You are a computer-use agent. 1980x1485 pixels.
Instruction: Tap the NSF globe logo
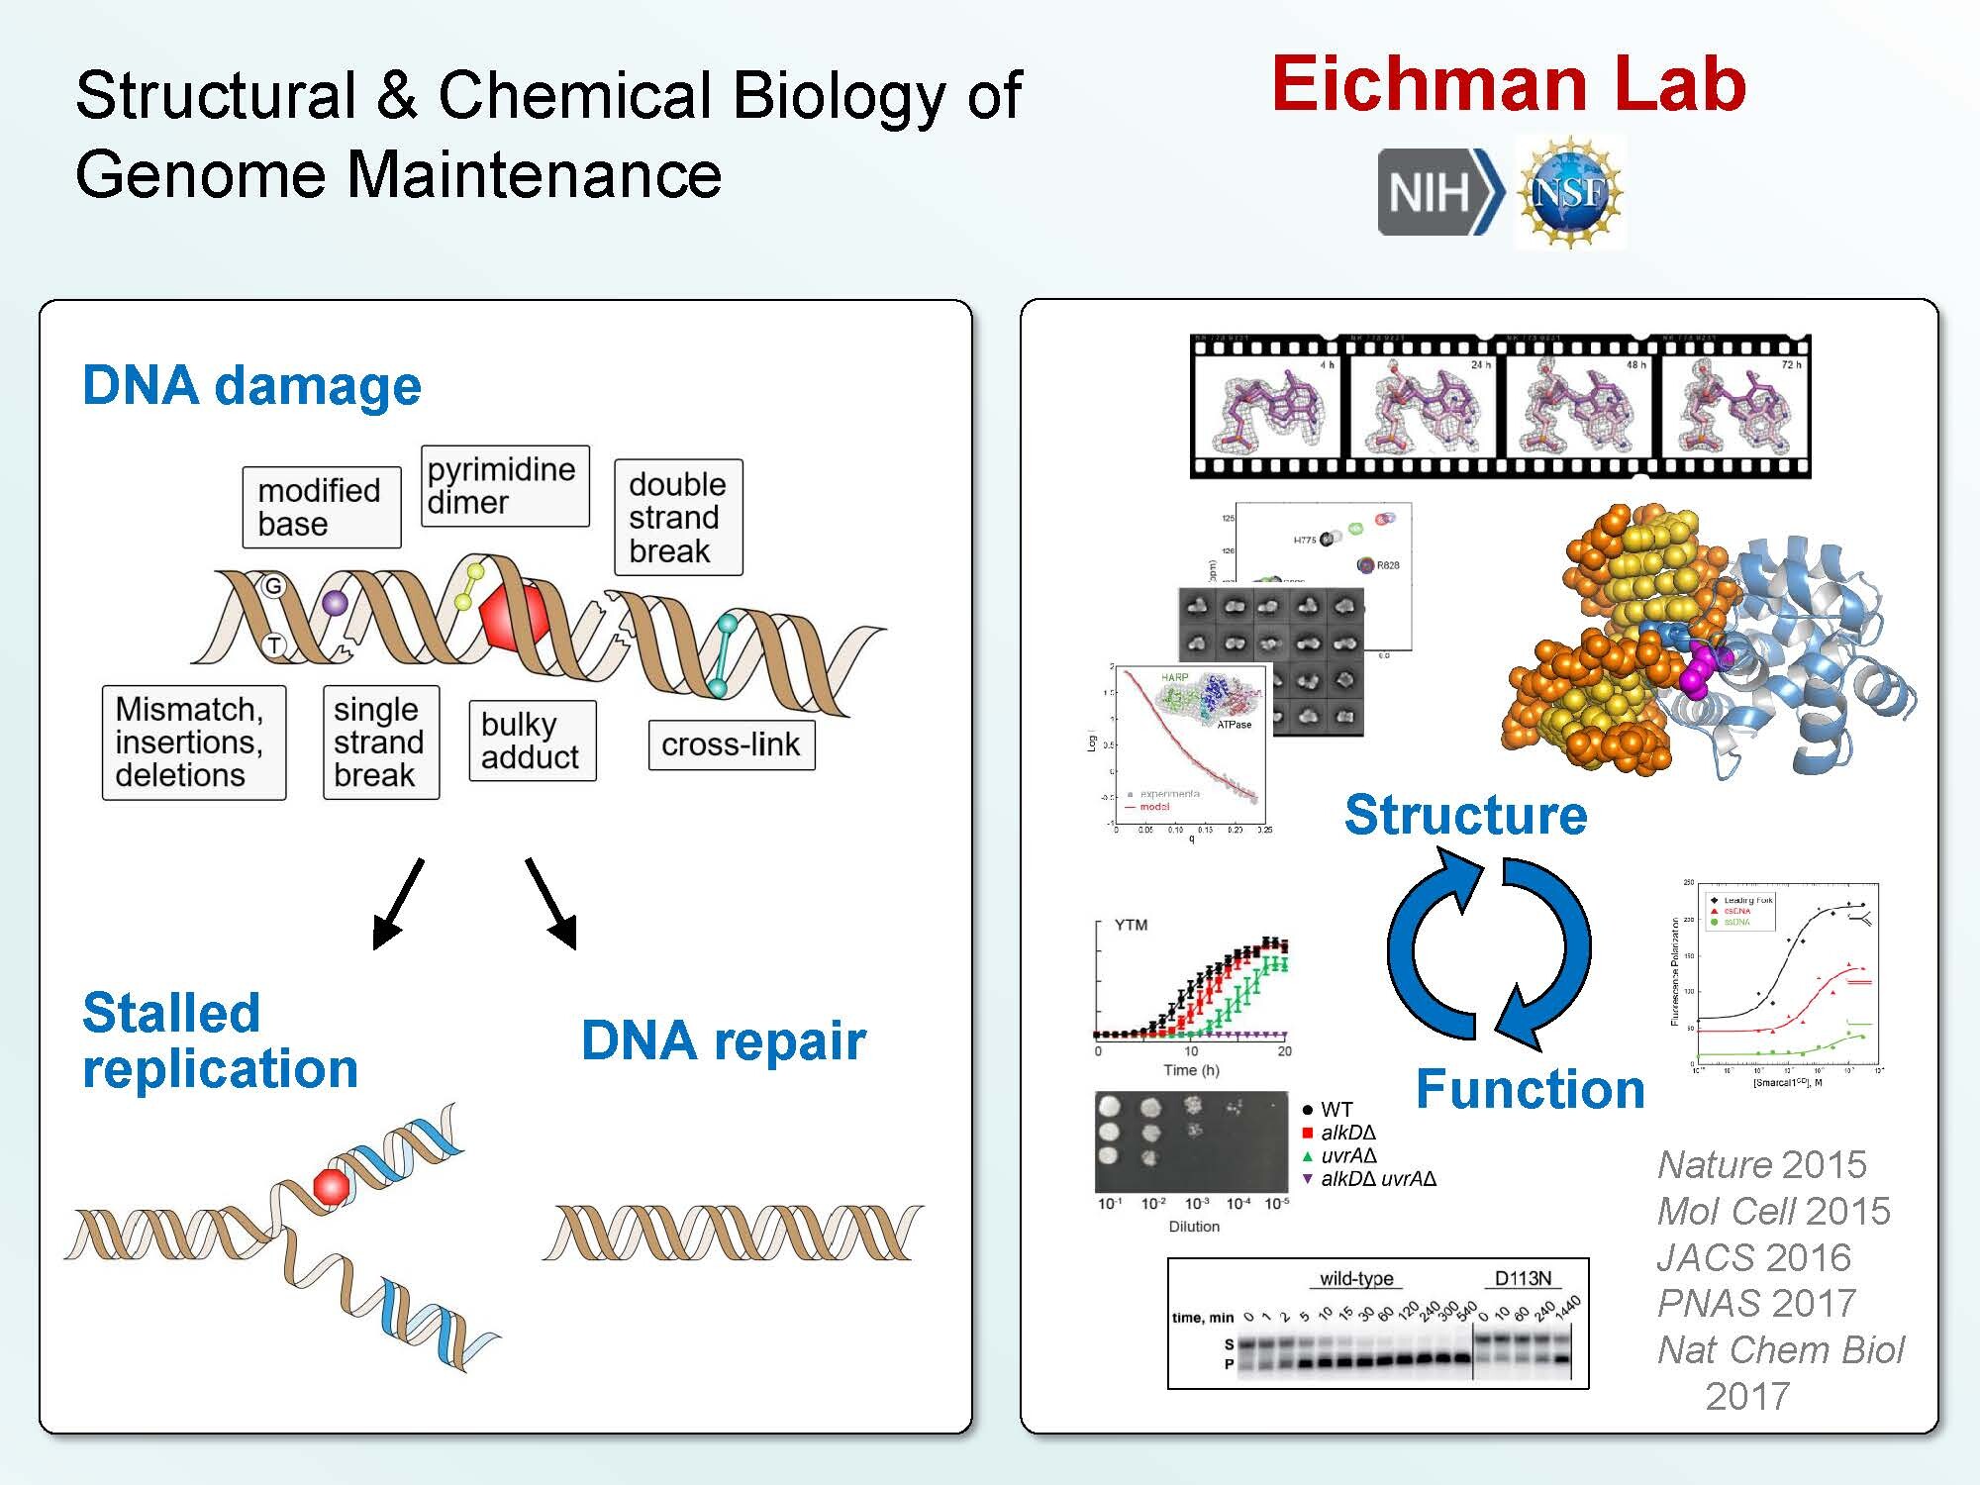(1568, 192)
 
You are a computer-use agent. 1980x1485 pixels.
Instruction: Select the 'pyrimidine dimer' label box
(504, 486)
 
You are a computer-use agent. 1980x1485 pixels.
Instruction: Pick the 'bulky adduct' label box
(532, 741)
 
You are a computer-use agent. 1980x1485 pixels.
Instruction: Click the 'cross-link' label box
(731, 744)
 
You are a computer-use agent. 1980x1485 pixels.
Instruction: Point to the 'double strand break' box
(677, 517)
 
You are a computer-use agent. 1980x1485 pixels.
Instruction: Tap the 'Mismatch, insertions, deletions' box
(193, 742)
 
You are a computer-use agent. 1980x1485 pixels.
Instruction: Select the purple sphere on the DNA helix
(336, 602)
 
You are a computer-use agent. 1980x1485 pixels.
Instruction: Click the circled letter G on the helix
(273, 586)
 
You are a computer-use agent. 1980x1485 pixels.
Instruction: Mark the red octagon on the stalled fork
(331, 1185)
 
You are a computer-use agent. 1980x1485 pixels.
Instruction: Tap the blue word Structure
(1465, 815)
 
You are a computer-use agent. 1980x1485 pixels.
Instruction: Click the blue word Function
(1530, 1089)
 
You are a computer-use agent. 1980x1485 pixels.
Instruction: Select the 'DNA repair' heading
(723, 1040)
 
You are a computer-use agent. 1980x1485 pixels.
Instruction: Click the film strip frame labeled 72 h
(1732, 406)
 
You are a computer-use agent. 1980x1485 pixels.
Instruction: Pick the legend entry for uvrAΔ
(1347, 1155)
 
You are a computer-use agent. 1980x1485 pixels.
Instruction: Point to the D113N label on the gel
(1522, 1278)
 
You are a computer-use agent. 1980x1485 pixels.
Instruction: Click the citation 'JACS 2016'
(1753, 1257)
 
